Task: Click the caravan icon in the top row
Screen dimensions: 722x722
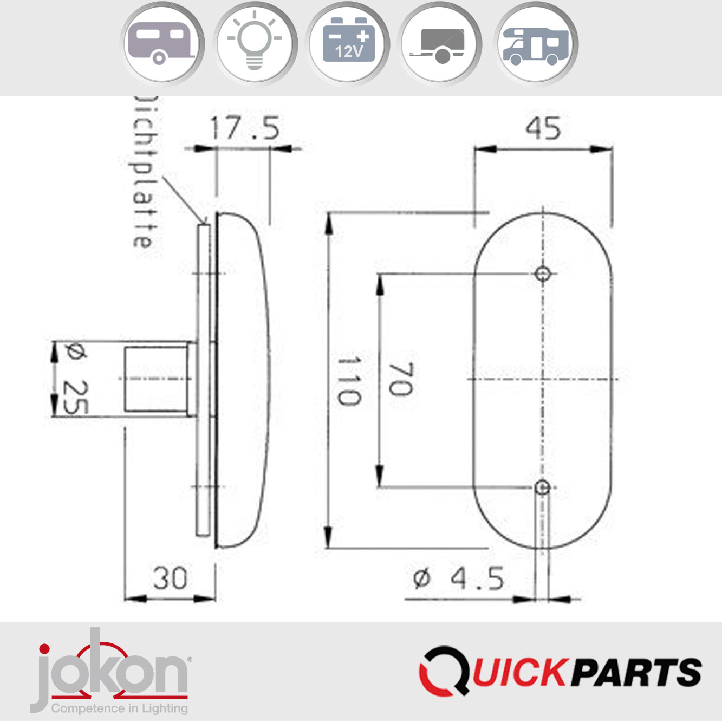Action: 161,43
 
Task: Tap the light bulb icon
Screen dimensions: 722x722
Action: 255,43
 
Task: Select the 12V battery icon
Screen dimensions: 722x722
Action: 348,43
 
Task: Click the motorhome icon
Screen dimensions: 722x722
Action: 536,43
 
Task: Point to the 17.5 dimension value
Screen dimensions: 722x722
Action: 245,128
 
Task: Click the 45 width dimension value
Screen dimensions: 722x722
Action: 543,129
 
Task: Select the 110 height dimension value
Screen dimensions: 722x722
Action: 348,380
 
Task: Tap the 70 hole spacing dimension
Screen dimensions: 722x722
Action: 401,379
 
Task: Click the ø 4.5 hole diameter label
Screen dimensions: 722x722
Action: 458,578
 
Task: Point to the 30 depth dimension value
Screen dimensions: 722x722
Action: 170,578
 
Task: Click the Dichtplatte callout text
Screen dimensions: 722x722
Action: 145,173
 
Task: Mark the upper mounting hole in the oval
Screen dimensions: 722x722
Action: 542,274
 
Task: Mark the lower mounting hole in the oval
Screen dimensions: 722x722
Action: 542,487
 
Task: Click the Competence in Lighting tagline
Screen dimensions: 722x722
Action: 120,708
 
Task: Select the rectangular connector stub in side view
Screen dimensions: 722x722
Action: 156,379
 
